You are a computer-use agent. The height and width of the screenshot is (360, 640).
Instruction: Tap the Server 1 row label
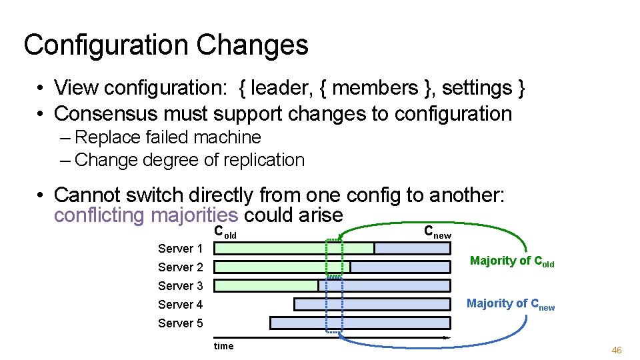tap(180, 249)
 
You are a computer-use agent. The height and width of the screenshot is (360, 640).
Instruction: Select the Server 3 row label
tap(180, 286)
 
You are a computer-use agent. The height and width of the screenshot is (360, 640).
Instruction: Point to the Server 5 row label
tap(180, 323)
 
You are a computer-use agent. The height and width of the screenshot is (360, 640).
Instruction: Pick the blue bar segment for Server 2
tap(400, 267)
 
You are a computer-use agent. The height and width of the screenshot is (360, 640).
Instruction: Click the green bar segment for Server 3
tap(265, 286)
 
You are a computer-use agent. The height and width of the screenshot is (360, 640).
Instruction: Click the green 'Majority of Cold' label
tap(511, 261)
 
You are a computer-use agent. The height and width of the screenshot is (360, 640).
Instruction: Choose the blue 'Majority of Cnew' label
tap(510, 304)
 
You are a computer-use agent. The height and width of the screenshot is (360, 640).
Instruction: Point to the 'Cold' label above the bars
tap(225, 233)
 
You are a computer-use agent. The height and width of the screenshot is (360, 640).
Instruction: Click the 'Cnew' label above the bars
tap(437, 232)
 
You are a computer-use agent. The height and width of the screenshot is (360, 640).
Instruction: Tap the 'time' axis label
tap(223, 345)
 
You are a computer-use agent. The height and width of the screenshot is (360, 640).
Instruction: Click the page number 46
tap(616, 350)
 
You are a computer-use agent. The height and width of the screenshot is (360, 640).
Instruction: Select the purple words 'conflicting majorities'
tap(145, 215)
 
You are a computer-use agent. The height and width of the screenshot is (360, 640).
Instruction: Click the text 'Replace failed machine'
tap(168, 137)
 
